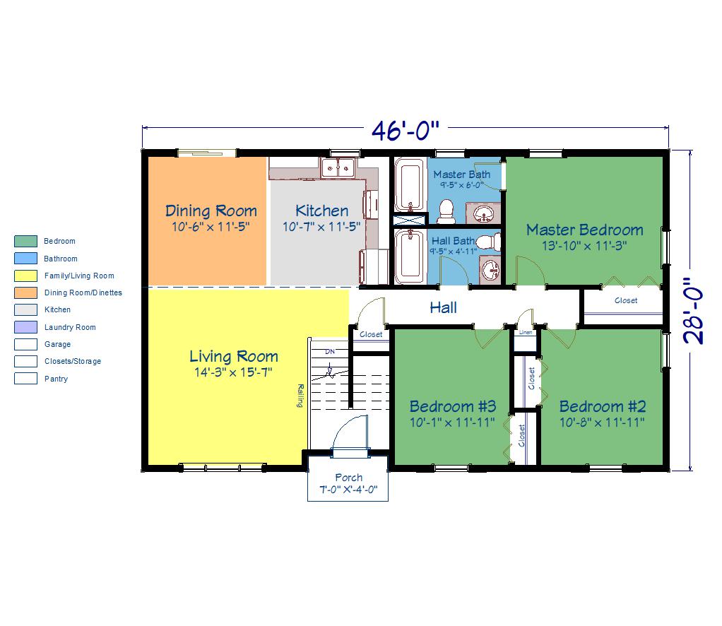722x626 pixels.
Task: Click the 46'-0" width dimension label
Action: pos(406,131)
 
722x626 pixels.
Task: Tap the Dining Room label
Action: pos(211,211)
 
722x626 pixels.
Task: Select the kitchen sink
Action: pos(338,167)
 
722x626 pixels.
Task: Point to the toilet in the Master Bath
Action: pos(445,212)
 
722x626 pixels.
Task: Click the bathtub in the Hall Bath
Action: pos(410,257)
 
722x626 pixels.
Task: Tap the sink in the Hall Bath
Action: pos(490,269)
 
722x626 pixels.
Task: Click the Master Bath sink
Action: pos(483,213)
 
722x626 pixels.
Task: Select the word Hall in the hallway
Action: pos(443,307)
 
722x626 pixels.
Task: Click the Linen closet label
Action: pos(526,332)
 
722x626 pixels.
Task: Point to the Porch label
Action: pos(348,478)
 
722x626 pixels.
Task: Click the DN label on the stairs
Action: pos(330,351)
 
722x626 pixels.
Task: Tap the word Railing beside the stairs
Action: pos(300,395)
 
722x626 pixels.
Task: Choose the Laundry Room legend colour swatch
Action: pos(25,327)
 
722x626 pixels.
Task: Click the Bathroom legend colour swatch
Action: pos(25,259)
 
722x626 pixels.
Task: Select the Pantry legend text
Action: pos(57,379)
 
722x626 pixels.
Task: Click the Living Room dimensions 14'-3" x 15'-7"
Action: pos(233,372)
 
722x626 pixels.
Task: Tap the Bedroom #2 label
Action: pos(603,406)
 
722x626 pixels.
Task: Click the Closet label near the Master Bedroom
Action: pos(626,300)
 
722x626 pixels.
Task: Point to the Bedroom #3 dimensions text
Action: pos(452,422)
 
